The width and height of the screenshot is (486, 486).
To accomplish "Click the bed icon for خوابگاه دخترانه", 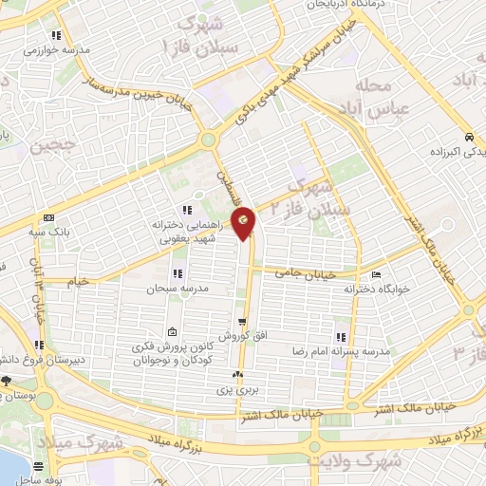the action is pos(377,276).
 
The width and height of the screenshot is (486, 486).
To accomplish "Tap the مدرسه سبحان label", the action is pos(168,286).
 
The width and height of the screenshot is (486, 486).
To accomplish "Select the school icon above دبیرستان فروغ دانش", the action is pos(39,345).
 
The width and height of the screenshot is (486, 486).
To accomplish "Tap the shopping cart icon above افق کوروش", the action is pos(242,323).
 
